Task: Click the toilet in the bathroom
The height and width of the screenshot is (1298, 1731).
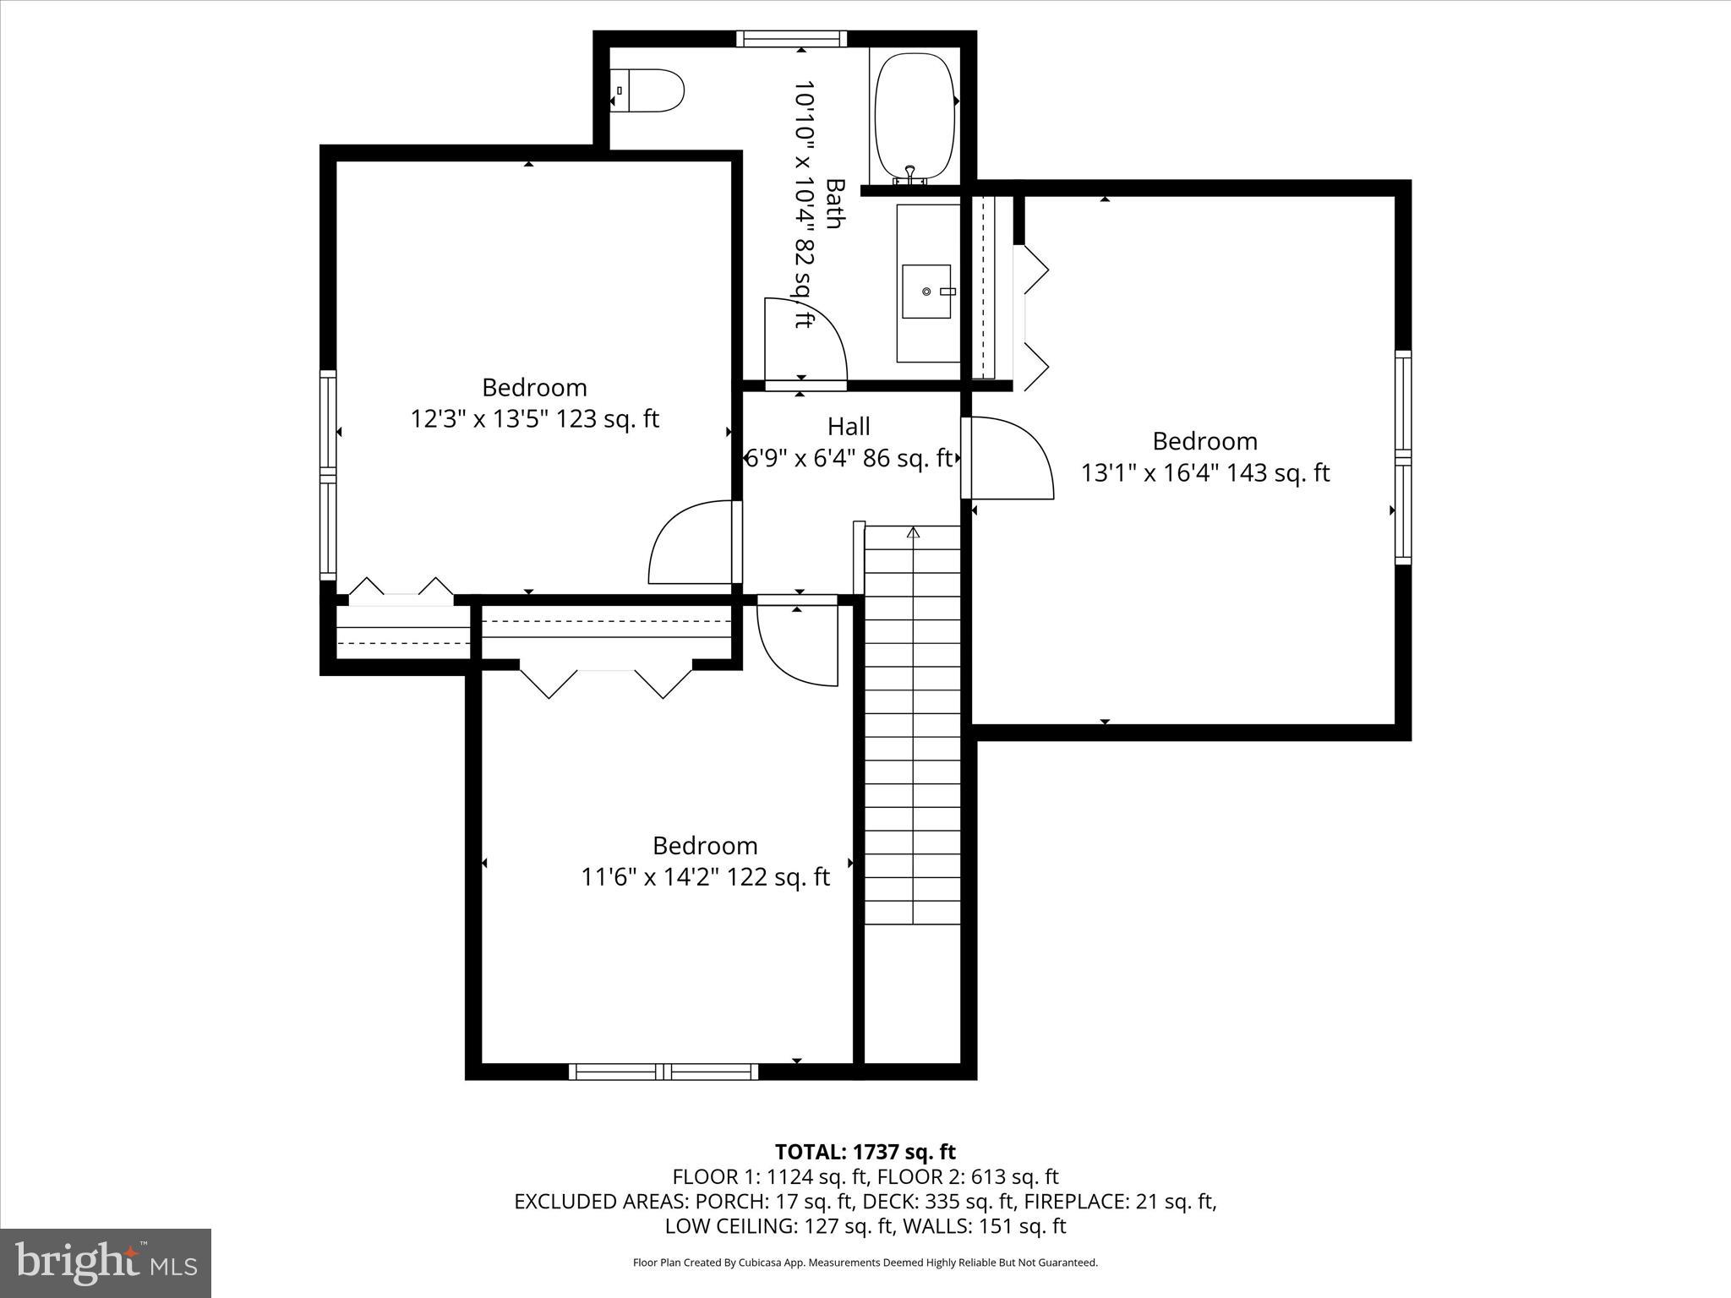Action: pyautogui.click(x=649, y=90)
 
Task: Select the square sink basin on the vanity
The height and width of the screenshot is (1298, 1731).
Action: pyautogui.click(x=926, y=292)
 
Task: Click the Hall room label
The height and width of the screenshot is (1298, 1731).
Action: pyautogui.click(x=849, y=426)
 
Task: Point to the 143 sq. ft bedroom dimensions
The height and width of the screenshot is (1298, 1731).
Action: pyautogui.click(x=1205, y=472)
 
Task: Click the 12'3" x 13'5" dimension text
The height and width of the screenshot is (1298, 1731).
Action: pyautogui.click(x=534, y=419)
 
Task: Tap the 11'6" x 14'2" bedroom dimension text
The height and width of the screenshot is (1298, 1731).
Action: pyautogui.click(x=705, y=877)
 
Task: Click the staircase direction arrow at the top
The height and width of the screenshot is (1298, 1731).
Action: pyautogui.click(x=913, y=532)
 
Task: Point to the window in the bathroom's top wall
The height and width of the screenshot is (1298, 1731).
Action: pyautogui.click(x=791, y=39)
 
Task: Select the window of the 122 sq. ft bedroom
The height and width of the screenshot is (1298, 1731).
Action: pyautogui.click(x=663, y=1072)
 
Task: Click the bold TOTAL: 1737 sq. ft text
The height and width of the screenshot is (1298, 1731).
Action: pyautogui.click(x=865, y=1152)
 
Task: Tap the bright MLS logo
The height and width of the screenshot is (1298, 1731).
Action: pyautogui.click(x=106, y=1263)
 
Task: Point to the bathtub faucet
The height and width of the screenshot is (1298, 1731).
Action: pyautogui.click(x=909, y=175)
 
